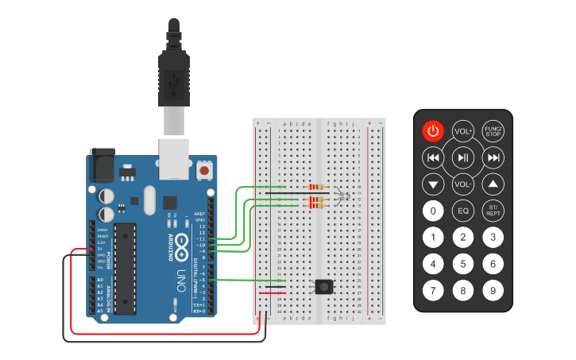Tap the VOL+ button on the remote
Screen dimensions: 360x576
tap(463, 131)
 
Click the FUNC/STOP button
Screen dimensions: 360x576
tap(493, 131)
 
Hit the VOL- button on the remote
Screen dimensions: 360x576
tap(463, 184)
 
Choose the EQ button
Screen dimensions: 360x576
tap(463, 211)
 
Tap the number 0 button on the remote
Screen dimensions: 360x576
tap(433, 211)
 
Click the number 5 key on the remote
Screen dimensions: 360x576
tap(463, 264)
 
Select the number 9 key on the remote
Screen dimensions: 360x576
tap(493, 291)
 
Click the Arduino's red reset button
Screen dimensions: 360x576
tap(205, 170)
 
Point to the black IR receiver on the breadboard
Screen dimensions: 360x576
tap(323, 287)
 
